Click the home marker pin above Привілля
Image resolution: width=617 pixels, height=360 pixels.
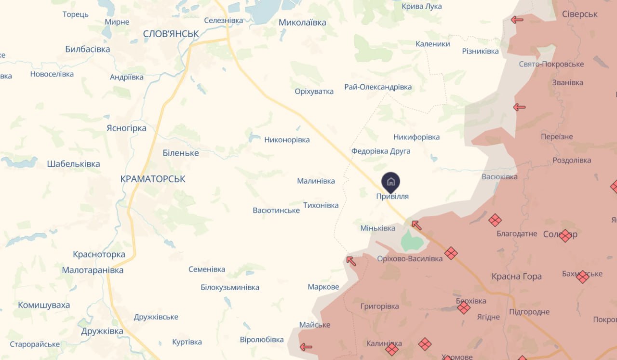pyautogui.click(x=391, y=182)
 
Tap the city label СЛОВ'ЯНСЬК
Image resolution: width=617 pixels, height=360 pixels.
pyautogui.click(x=171, y=34)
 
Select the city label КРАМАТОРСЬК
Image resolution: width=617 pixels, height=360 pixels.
pyautogui.click(x=153, y=179)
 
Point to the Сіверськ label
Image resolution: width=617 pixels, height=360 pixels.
pyautogui.click(x=580, y=14)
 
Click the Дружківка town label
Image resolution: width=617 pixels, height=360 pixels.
pyautogui.click(x=102, y=331)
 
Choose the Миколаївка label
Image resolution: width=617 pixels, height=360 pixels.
pyautogui.click(x=303, y=23)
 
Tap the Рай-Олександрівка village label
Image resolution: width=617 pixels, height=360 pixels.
pyautogui.click(x=378, y=87)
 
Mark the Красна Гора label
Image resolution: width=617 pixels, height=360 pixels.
pyautogui.click(x=516, y=276)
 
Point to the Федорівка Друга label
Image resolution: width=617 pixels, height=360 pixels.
pyautogui.click(x=381, y=151)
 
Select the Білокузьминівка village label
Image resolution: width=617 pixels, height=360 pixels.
pyautogui.click(x=230, y=287)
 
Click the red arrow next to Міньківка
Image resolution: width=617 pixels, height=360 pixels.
pyautogui.click(x=416, y=225)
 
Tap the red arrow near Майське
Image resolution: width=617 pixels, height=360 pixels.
pyautogui.click(x=306, y=347)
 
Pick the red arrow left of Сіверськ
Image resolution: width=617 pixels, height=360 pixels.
pyautogui.click(x=517, y=20)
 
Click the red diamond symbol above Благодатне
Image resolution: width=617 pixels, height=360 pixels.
pyautogui.click(x=495, y=220)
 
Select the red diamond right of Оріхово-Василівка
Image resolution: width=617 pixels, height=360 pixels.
pyautogui.click(x=451, y=253)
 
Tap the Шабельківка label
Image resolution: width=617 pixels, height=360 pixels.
pyautogui.click(x=74, y=164)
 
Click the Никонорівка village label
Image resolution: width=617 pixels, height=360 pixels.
pyautogui.click(x=287, y=140)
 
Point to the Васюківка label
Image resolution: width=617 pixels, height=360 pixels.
pyautogui.click(x=499, y=176)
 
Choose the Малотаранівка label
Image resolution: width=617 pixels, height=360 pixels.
pyautogui.click(x=93, y=270)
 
